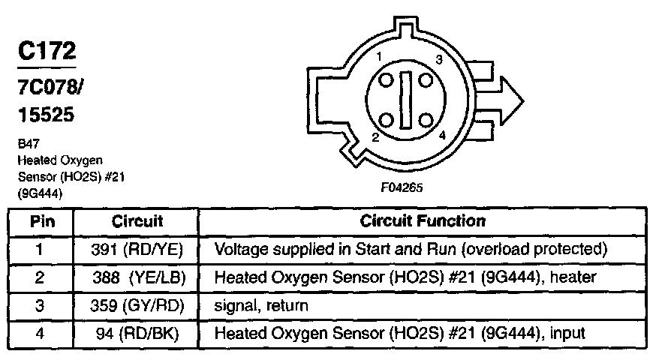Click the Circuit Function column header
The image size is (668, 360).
pos(423,221)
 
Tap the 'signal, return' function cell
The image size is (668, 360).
pos(261,306)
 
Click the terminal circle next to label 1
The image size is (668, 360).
pos(387,80)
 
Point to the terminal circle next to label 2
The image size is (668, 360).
pos(387,120)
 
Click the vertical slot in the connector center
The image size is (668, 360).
pos(407,100)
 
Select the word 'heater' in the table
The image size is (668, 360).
pos(573,277)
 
